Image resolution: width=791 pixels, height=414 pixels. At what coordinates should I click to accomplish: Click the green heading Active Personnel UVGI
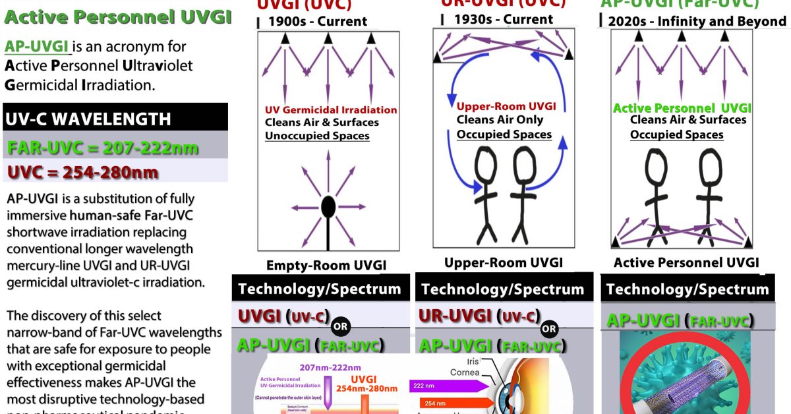pos(117,17)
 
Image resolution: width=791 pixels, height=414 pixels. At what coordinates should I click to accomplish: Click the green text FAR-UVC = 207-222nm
pos(103,147)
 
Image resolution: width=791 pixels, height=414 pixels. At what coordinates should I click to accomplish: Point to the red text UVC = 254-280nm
pos(82,173)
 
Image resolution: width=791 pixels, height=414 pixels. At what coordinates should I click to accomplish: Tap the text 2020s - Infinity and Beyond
pos(697,21)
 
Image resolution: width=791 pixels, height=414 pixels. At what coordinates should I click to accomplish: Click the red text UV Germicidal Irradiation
pos(331,110)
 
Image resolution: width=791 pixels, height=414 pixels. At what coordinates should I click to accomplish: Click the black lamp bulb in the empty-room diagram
pos(328,208)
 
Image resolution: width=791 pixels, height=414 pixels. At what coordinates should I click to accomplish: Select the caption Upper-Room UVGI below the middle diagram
pos(504,262)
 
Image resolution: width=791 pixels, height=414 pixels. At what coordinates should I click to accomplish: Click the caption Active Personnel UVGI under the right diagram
pos(686,262)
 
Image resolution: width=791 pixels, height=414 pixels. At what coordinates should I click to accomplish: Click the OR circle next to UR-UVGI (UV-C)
pos(549,328)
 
